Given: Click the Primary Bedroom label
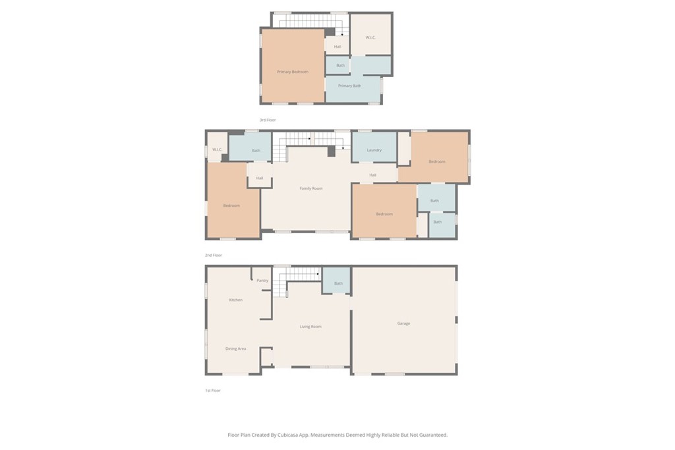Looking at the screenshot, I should pos(292,72).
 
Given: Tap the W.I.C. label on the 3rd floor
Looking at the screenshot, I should pos(370,37).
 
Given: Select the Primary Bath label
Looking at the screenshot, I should pos(349,86).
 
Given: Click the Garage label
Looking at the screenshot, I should pos(403,323).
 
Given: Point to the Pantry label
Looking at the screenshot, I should pos(262,281).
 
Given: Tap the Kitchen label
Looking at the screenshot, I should pos(235,300).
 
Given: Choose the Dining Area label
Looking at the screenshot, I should pos(235,349).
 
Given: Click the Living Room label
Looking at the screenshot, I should pos(310,327).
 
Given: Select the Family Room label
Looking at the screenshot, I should pos(311,188).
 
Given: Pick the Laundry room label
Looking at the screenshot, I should pos(374,150).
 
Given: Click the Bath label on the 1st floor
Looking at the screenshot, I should pos(338,283).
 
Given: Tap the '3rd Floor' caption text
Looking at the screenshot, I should pos(267,120).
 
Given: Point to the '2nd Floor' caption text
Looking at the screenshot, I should pos(213,255).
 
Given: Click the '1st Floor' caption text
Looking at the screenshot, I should pos(212,391).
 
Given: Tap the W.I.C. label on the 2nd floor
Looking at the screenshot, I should pos(216,150).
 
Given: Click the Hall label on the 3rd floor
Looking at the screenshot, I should pos(337,47).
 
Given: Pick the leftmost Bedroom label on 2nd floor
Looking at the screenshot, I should pos(231,206).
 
